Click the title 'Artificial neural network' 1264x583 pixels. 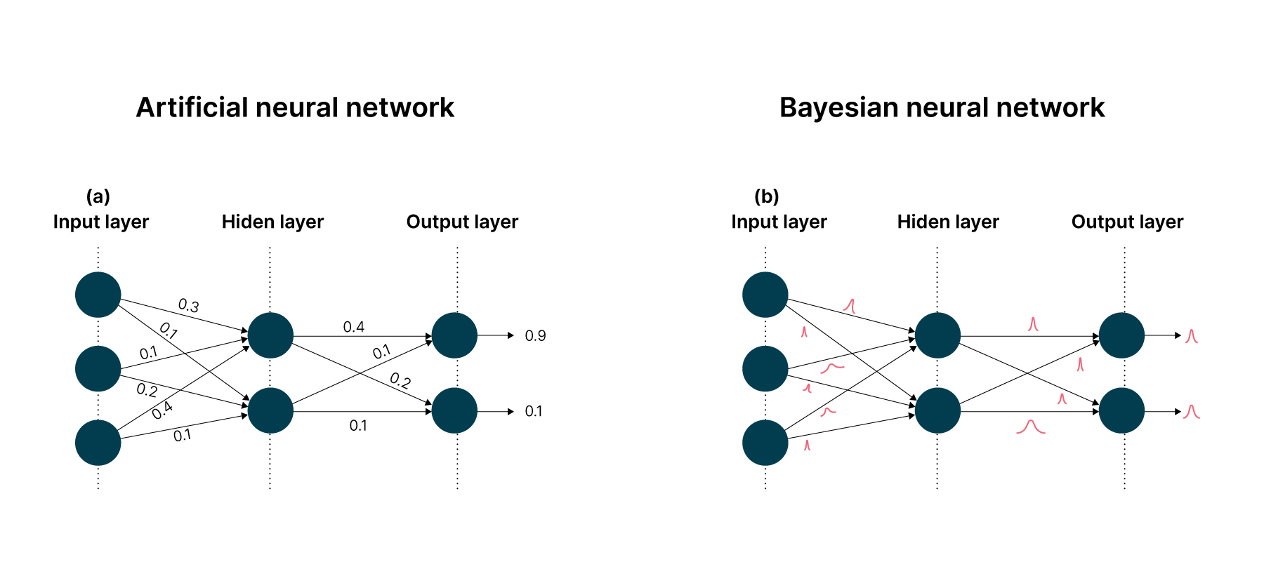point(295,107)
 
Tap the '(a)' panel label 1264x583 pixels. point(98,196)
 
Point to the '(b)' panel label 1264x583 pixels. point(766,196)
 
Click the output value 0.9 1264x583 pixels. point(535,336)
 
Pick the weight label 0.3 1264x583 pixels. point(188,305)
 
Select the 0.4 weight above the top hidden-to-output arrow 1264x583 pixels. point(353,327)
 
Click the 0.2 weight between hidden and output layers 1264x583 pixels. point(400,381)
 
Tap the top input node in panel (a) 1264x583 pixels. point(98,295)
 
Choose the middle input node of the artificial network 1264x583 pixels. point(98,368)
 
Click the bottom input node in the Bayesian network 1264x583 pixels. point(765,443)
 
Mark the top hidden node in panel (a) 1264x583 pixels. point(270,335)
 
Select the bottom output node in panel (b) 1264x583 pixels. point(1121,410)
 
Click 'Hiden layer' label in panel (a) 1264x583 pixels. point(272,222)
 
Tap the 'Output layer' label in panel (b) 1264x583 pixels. point(1127,222)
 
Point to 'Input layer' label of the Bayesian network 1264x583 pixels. point(779,222)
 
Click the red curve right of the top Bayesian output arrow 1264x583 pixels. point(1191,337)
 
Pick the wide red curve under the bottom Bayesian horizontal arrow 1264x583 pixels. point(1031,427)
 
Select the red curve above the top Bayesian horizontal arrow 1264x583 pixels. point(1032,324)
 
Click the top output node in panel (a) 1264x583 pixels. point(454,335)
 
